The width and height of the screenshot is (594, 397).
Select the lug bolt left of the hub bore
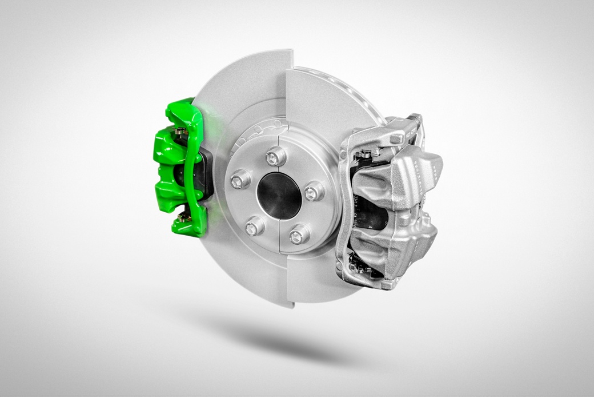pyautogui.click(x=240, y=181)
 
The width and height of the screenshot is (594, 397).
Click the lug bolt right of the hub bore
pyautogui.click(x=314, y=192)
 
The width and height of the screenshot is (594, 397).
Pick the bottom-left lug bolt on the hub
pyautogui.click(x=254, y=227)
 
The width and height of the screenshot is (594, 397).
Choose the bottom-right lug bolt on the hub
pyautogui.click(x=298, y=233)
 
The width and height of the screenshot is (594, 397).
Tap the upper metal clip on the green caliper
pyautogui.click(x=182, y=133)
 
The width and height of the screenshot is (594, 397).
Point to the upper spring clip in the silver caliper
pyautogui.click(x=365, y=153)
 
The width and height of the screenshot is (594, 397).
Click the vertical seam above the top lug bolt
pyautogui.click(x=278, y=132)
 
